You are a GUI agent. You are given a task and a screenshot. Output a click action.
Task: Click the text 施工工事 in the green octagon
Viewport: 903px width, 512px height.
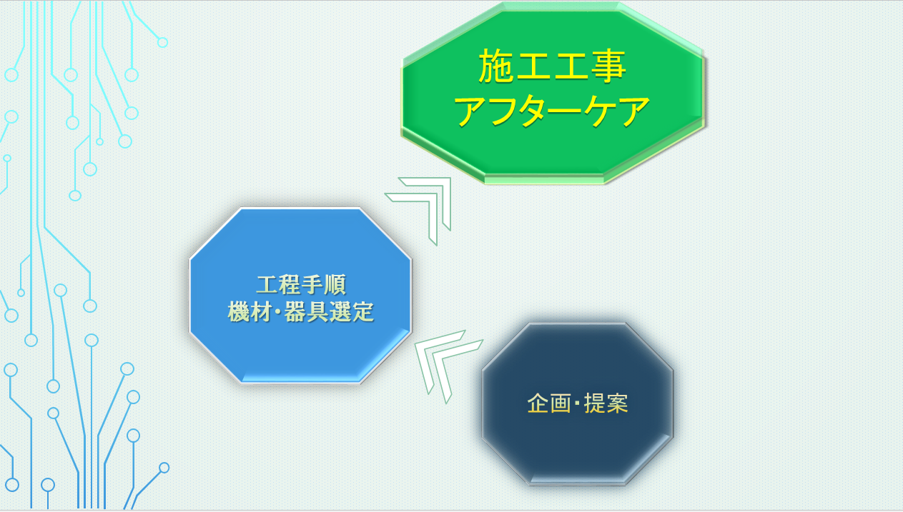pos(552,66)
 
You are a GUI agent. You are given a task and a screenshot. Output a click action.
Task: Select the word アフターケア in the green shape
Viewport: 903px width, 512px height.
pos(552,111)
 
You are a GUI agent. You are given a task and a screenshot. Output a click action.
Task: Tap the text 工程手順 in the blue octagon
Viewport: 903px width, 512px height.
pos(301,285)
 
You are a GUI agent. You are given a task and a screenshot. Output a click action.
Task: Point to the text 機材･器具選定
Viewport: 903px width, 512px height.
pos(301,311)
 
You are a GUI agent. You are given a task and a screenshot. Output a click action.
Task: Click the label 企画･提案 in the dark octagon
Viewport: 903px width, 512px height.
pos(578,403)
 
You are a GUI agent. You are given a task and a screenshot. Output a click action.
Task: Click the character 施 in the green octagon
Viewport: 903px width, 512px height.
pos(497,66)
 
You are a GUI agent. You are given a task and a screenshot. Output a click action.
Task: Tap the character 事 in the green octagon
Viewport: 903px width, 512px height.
pos(608,66)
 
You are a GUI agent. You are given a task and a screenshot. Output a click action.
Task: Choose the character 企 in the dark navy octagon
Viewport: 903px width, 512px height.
pos(538,403)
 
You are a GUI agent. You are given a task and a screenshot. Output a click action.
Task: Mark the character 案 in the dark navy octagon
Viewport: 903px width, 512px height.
pos(618,403)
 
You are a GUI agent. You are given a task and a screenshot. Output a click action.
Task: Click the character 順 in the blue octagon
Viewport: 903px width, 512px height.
pos(335,285)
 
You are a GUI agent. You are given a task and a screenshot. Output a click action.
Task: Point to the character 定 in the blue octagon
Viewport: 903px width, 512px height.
pos(364,311)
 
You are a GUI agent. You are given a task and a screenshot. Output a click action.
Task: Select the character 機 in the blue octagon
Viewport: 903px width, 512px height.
pos(239,311)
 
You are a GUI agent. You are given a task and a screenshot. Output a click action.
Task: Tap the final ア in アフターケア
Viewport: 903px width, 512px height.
pos(633,111)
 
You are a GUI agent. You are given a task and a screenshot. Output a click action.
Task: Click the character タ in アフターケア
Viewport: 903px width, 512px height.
pos(536,111)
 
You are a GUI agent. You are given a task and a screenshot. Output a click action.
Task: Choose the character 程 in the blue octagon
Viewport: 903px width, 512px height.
pos(290,285)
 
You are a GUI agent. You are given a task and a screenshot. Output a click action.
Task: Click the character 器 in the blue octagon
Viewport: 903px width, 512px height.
pos(295,311)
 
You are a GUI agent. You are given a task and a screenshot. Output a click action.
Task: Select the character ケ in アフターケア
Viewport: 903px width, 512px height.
pos(601,111)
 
